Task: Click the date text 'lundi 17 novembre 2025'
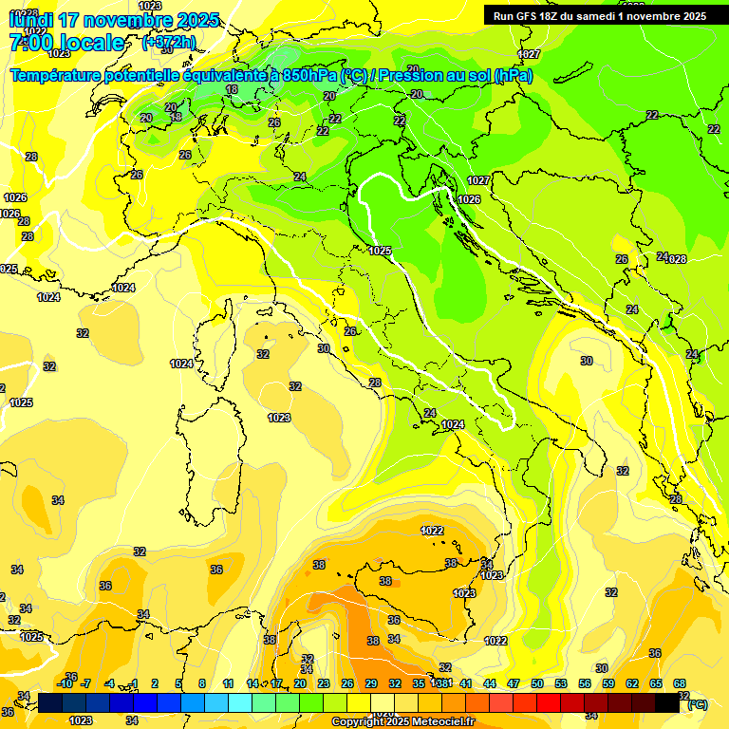click(113, 20)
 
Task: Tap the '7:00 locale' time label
click(66, 43)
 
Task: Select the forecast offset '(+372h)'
click(168, 43)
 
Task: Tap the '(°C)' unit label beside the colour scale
click(697, 704)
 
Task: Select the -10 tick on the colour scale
click(65, 683)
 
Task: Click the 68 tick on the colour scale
click(680, 683)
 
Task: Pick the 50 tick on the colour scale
click(537, 683)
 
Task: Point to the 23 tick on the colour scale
click(324, 683)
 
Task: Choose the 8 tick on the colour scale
click(202, 683)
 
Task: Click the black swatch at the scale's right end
click(667, 703)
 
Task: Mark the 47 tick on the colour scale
click(514, 683)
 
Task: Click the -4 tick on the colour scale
click(109, 683)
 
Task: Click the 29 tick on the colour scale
click(371, 683)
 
